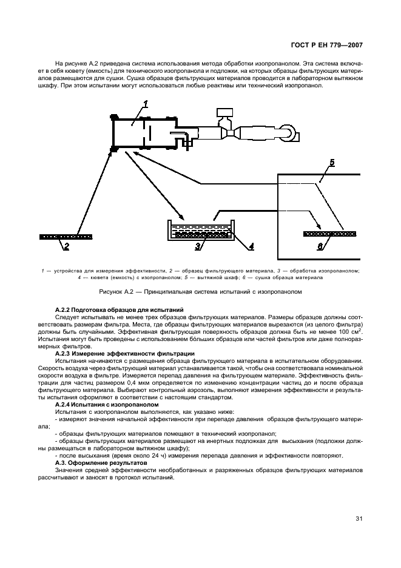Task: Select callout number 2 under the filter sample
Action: coord(66,246)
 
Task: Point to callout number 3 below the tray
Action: coord(198,246)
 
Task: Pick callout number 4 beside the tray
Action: coord(251,246)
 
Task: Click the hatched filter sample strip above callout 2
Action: coord(66,236)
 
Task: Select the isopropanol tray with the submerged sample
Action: coord(200,231)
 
